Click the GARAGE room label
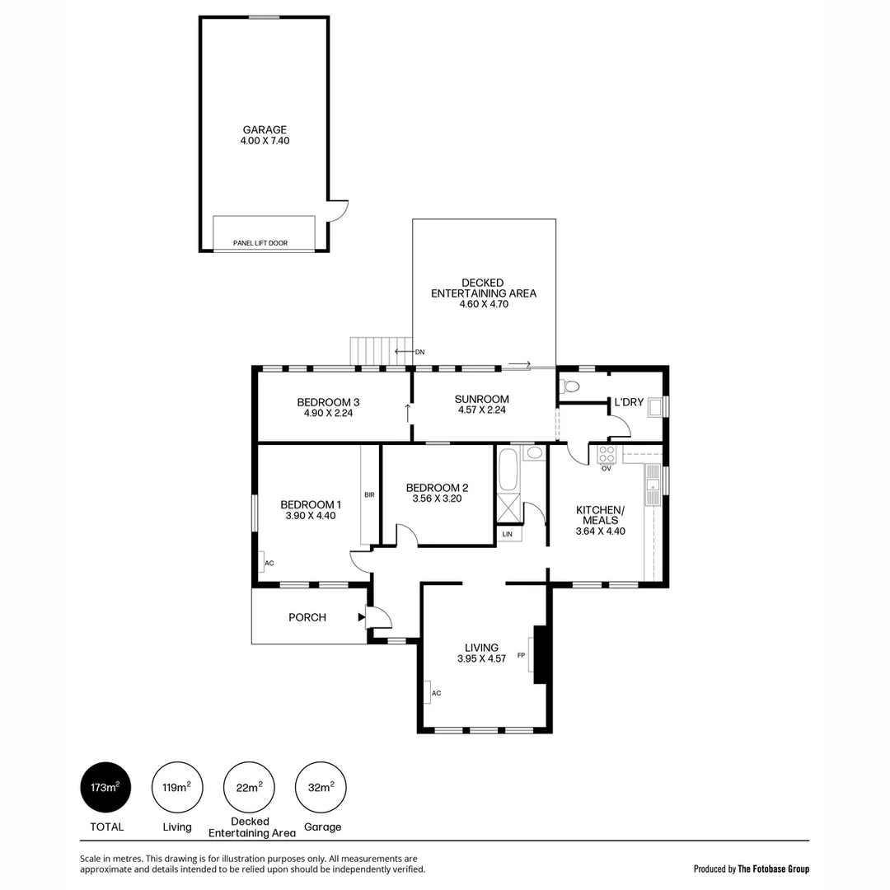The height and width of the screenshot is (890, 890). tap(265, 129)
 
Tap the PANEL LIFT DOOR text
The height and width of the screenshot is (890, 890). tap(260, 243)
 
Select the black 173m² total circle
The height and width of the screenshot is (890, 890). tap(105, 787)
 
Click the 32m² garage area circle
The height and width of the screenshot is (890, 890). tap(321, 787)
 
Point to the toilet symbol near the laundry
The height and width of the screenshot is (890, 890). tap(569, 386)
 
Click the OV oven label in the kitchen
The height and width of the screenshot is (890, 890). tap(606, 469)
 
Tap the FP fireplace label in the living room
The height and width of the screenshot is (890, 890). tap(521, 655)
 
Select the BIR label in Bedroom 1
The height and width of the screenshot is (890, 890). tap(369, 495)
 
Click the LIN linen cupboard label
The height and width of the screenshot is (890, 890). tap(508, 535)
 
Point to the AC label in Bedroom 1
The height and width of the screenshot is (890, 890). tap(269, 563)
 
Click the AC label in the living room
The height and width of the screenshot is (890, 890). tap(436, 693)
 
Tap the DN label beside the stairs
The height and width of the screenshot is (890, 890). tap(419, 352)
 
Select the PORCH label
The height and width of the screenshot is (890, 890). tap(307, 617)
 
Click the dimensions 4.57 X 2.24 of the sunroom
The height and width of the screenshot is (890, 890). tap(482, 410)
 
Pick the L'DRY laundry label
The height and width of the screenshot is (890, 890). tap(629, 402)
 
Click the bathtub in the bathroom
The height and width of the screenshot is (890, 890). tap(508, 470)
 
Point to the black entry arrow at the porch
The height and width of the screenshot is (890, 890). tap(362, 616)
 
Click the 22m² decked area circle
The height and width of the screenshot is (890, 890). tap(249, 787)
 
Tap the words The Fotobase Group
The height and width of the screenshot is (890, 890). tap(773, 869)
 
